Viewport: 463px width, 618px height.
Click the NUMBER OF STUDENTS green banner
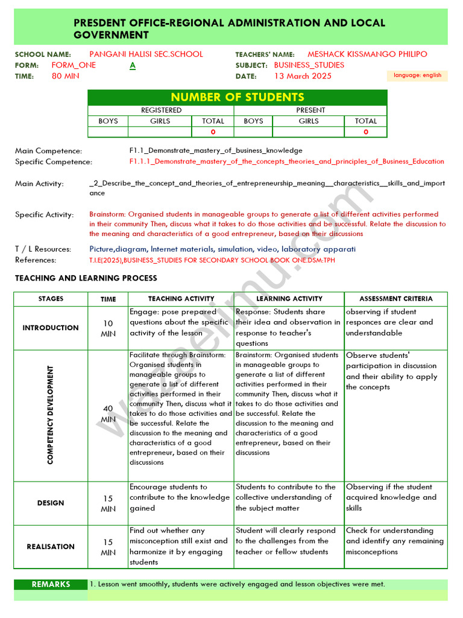[238, 97]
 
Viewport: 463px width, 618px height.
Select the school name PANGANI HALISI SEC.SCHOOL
[146, 54]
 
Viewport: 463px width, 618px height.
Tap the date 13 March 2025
[303, 76]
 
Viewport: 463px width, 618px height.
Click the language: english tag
[417, 75]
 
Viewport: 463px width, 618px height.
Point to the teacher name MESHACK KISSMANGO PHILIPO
[367, 54]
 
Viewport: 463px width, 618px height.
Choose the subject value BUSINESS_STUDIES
[309, 65]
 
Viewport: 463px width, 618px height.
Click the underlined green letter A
[133, 65]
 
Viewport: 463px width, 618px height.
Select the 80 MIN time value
[65, 76]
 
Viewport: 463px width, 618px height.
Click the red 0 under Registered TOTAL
[213, 132]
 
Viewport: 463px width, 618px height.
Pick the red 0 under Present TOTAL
[365, 132]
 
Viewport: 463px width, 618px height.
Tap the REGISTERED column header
[161, 110]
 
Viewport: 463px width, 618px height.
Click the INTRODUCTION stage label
[51, 328]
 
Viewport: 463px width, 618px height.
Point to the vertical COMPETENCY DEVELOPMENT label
[51, 415]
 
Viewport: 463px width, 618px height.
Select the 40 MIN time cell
[108, 414]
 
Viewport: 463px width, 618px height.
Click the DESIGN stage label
[51, 503]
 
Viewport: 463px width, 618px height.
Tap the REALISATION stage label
[51, 547]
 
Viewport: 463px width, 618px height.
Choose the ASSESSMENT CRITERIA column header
[395, 299]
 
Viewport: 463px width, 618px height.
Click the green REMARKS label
[51, 584]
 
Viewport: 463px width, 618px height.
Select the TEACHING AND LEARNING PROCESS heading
[86, 278]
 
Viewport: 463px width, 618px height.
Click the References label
[36, 260]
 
